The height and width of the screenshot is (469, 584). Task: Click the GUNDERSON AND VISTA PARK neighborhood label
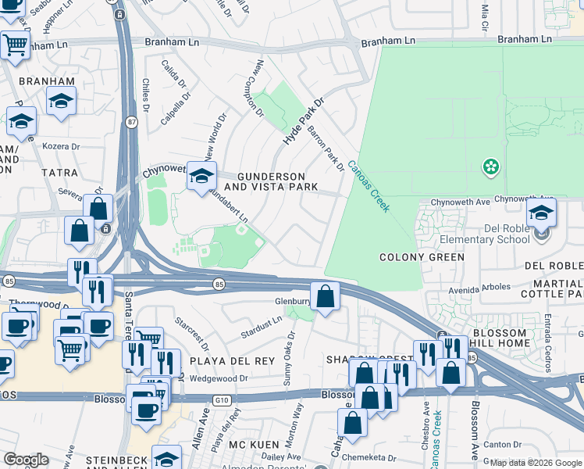[270, 181]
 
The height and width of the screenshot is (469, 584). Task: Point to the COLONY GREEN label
[422, 257]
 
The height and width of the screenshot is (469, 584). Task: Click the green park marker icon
[490, 166]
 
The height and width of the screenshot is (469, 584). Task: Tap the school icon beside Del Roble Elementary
[541, 213]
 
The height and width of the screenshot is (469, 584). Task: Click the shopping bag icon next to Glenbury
[326, 296]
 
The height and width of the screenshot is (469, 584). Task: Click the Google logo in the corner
[27, 460]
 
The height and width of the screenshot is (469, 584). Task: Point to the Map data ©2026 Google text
[535, 463]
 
